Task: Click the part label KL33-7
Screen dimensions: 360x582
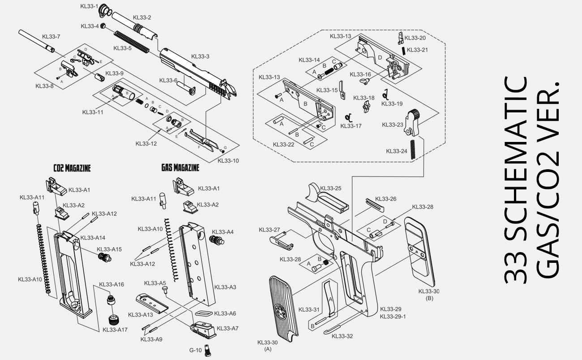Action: coord(51,36)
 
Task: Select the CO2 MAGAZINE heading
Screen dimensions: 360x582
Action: coord(72,168)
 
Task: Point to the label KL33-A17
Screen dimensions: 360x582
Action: coord(115,330)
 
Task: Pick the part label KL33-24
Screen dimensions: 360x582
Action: coord(397,151)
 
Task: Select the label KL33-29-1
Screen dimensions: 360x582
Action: coord(393,317)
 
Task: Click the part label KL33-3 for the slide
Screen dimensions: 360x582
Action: coord(200,56)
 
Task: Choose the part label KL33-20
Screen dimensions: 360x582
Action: coord(416,38)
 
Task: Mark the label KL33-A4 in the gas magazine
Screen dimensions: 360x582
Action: coord(224,232)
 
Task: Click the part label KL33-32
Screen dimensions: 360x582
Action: coord(343,336)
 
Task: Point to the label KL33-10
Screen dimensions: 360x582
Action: coord(228,161)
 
